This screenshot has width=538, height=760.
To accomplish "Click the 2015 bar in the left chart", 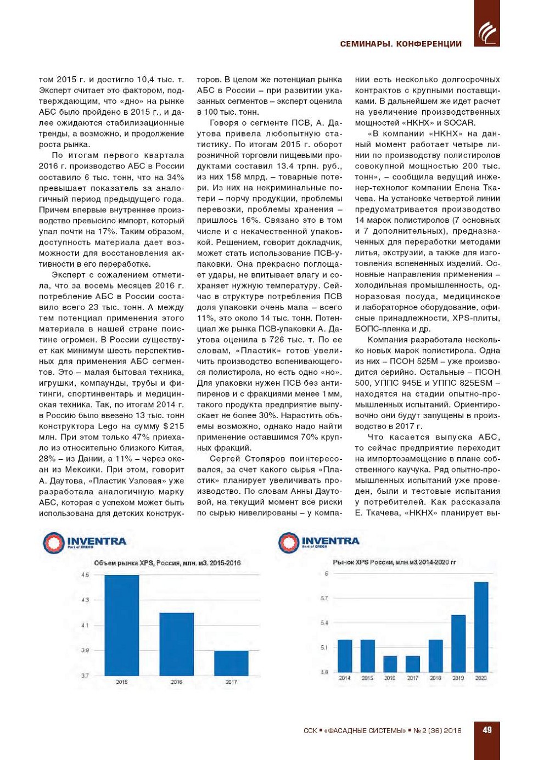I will pyautogui.click(x=121, y=625).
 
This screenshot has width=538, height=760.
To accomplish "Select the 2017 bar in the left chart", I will pyautogui.click(x=231, y=663).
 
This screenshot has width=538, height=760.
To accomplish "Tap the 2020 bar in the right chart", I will pyautogui.click(x=481, y=627).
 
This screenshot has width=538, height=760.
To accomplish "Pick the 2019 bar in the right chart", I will pyautogui.click(x=458, y=643).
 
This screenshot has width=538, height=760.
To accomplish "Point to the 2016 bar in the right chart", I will pyautogui.click(x=390, y=664).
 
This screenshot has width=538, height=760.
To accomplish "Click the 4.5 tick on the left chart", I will pyautogui.click(x=85, y=575).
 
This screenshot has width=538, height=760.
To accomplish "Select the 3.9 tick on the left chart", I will pyautogui.click(x=85, y=650).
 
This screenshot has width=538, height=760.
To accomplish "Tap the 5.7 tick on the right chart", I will pyautogui.click(x=324, y=598).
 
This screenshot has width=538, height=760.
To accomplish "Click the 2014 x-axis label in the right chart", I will pyautogui.click(x=345, y=678).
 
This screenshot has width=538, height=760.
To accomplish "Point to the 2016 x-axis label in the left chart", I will pyautogui.click(x=176, y=682).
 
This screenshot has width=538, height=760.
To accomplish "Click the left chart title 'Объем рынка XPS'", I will pyautogui.click(x=167, y=563).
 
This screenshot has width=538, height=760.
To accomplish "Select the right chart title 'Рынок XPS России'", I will pyautogui.click(x=394, y=562).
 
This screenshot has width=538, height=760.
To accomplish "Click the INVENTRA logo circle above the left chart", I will pyautogui.click(x=54, y=543).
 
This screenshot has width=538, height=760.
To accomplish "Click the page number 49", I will pyautogui.click(x=487, y=730).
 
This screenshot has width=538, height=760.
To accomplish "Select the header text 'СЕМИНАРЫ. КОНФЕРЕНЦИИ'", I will pyautogui.click(x=401, y=44).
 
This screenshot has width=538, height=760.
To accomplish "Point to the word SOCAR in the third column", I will pyautogui.click(x=459, y=123).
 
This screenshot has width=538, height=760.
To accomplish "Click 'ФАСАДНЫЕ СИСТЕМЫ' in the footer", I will pyautogui.click(x=365, y=731).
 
